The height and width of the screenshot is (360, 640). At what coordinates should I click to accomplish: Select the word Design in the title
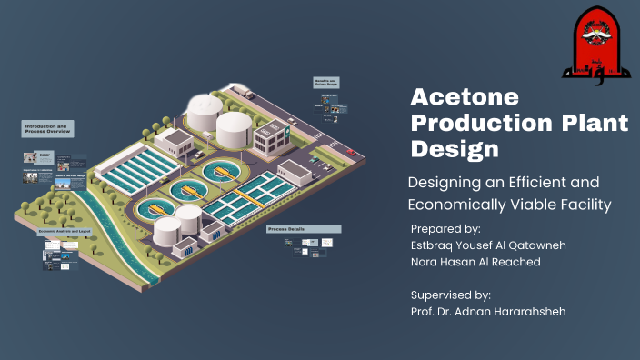point(447,147)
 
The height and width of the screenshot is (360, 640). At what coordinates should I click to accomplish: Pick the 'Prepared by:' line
point(445,228)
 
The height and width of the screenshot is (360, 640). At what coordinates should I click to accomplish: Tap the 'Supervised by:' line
point(451,295)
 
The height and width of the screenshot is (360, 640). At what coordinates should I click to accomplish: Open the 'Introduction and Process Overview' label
point(47,129)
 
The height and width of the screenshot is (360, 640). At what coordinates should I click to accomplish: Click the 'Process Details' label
point(285,230)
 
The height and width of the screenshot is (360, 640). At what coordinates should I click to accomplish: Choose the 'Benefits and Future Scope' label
point(325,82)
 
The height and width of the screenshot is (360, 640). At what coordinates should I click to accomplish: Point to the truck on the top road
point(246,93)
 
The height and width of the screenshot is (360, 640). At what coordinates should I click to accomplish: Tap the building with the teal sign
point(269,137)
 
